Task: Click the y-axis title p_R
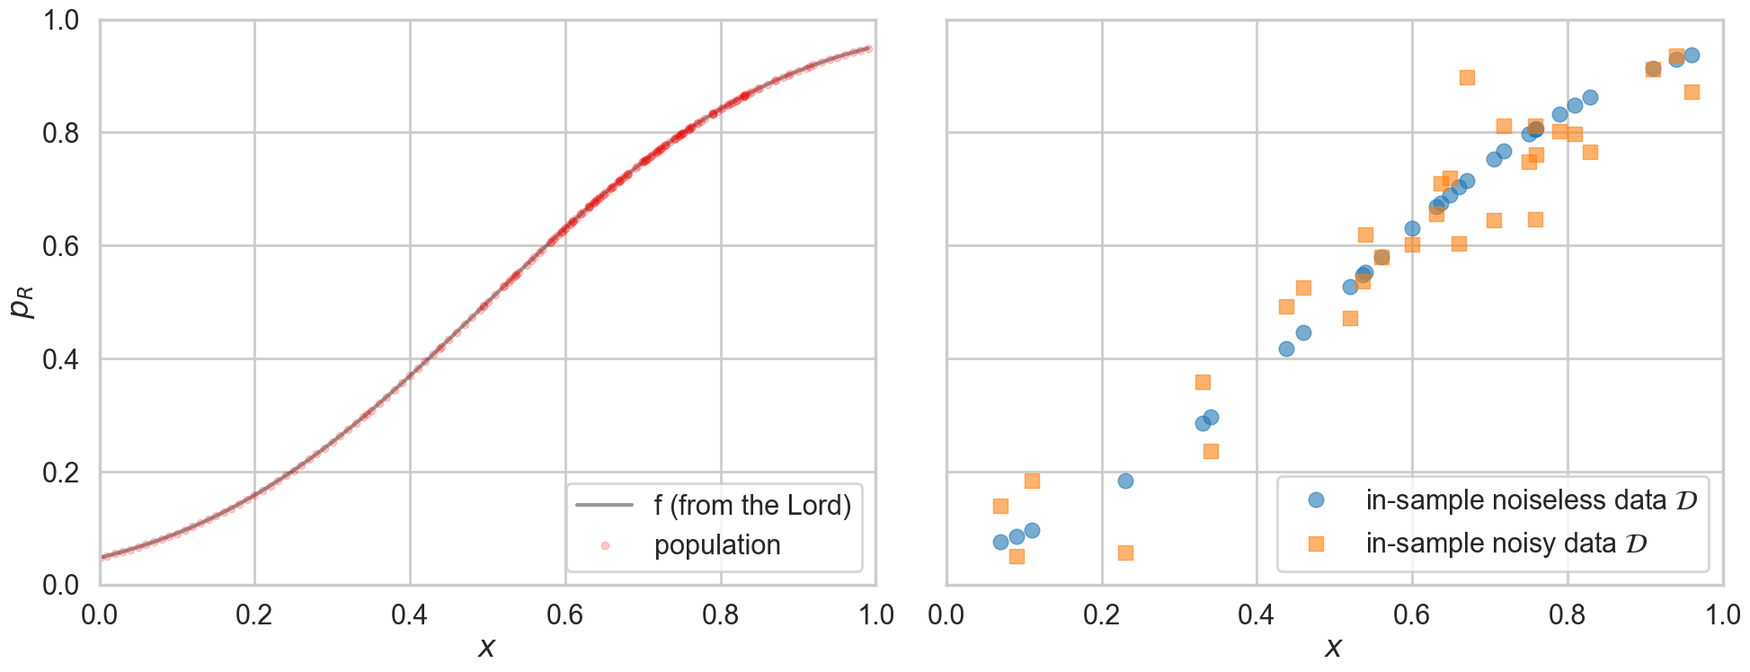click(x=22, y=303)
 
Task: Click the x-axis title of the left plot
click(x=486, y=647)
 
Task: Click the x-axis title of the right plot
click(x=1334, y=647)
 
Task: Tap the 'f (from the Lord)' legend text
click(x=752, y=506)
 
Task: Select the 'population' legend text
click(x=717, y=545)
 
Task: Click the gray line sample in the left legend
click(x=605, y=506)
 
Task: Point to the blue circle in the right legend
click(x=1316, y=500)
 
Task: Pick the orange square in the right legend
click(x=1316, y=544)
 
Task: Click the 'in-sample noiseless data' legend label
click(x=1531, y=500)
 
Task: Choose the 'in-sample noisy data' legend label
click(x=1506, y=544)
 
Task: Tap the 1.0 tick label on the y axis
click(x=61, y=20)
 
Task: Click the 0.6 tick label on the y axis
click(x=61, y=246)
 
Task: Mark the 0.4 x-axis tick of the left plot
click(x=410, y=615)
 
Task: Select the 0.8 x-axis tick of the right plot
click(x=1568, y=615)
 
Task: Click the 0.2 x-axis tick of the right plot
click(x=1102, y=615)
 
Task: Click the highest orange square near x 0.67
click(x=1467, y=78)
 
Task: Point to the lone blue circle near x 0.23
click(x=1125, y=482)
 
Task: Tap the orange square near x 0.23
click(x=1125, y=553)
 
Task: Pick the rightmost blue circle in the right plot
click(x=1692, y=56)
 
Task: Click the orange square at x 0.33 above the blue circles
click(x=1203, y=383)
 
